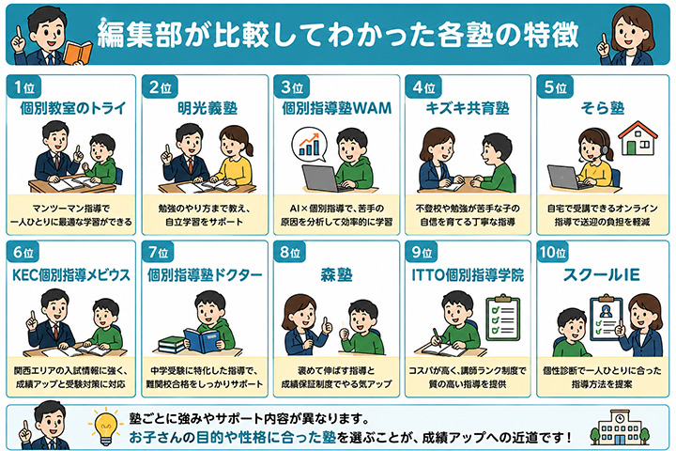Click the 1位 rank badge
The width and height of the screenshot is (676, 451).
[24, 87]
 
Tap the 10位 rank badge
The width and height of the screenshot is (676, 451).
[552, 252]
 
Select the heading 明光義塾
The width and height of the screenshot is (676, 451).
[207, 108]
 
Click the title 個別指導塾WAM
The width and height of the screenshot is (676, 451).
[337, 108]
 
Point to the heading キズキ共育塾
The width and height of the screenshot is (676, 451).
[468, 108]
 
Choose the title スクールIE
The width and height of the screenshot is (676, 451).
[602, 274]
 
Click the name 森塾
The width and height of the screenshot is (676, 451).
[336, 274]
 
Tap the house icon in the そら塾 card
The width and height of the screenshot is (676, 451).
[638, 138]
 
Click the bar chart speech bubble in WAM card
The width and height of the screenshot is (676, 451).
[309, 144]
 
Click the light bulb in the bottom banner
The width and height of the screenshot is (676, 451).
[105, 428]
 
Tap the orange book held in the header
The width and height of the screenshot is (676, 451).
[78, 52]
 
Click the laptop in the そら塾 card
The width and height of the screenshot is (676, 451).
[565, 178]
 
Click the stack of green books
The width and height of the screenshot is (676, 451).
[171, 345]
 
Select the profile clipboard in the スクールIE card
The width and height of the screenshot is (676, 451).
[606, 319]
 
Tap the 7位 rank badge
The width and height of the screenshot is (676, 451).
[158, 252]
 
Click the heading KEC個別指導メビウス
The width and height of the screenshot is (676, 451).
[71, 274]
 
